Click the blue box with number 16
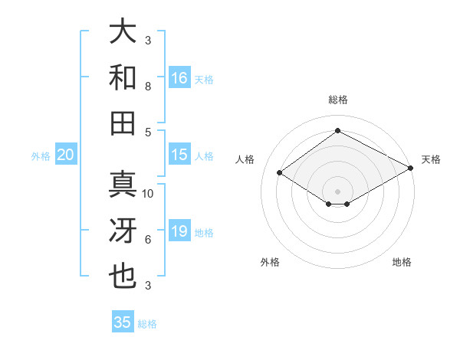pyautogui.click(x=179, y=77)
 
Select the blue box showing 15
pyautogui.click(x=179, y=155)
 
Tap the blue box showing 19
pyautogui.click(x=179, y=231)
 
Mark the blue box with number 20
pyautogui.click(x=65, y=155)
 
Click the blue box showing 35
pyautogui.click(x=123, y=322)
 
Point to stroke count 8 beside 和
pyautogui.click(x=148, y=87)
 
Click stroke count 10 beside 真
pyautogui.click(x=148, y=194)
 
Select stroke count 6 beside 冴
pyautogui.click(x=148, y=240)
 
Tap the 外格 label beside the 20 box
pyautogui.click(x=41, y=155)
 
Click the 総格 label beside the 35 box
pyautogui.click(x=147, y=323)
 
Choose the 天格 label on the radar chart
pyautogui.click(x=431, y=159)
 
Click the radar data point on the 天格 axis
pyautogui.click(x=411, y=169)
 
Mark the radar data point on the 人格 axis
pyautogui.click(x=280, y=173)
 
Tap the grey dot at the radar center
pyautogui.click(x=337, y=190)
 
